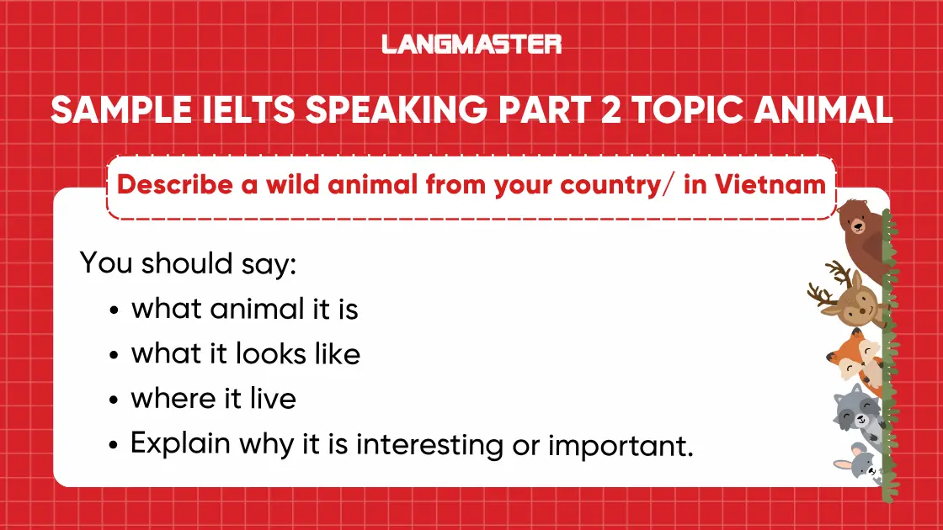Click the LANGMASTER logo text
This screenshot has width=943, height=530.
471,44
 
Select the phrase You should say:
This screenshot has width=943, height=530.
189,263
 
